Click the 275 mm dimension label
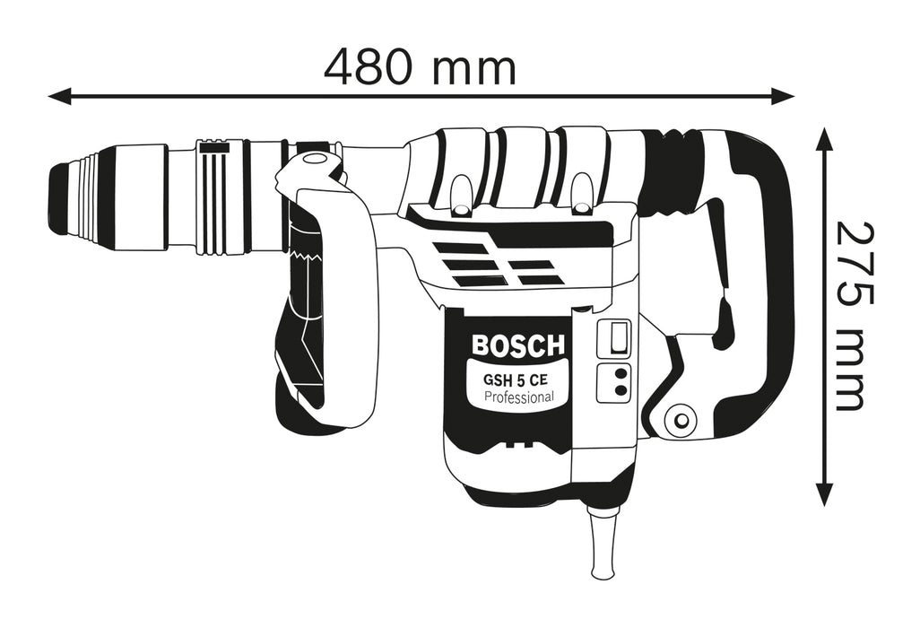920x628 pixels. point(849,316)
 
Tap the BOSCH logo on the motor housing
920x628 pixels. point(518,345)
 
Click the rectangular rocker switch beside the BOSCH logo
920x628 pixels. point(615,338)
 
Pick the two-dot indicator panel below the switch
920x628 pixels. point(615,381)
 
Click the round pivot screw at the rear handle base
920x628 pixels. point(681,419)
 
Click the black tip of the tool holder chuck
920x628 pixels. point(60,197)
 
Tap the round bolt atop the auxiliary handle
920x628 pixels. point(313,160)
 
